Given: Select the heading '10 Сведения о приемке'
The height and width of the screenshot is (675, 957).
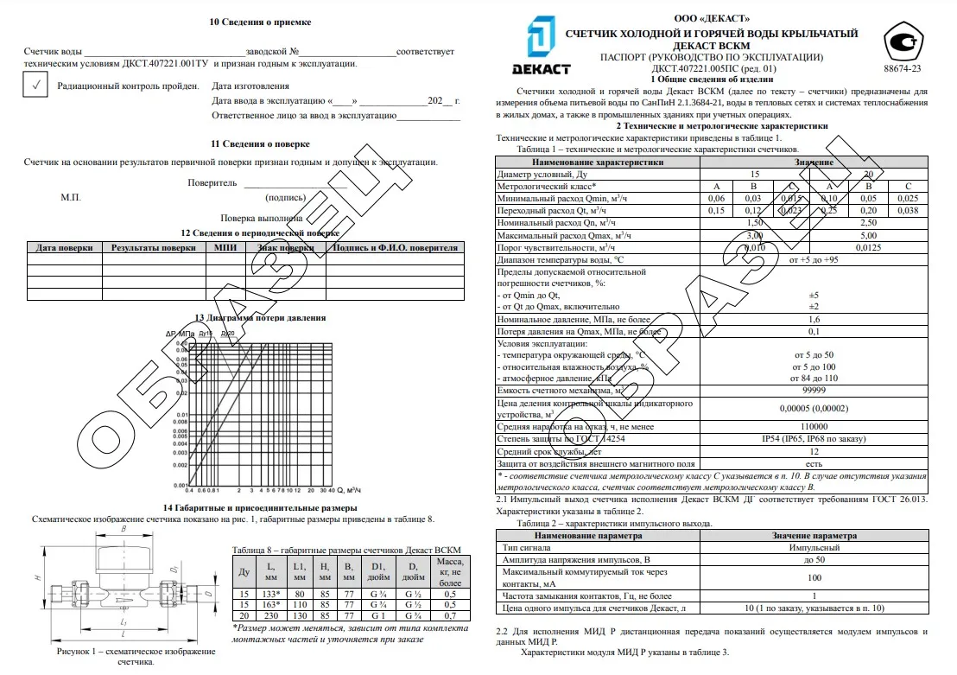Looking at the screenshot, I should point(260,22).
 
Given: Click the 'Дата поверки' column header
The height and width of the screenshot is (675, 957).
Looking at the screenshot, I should point(64,248).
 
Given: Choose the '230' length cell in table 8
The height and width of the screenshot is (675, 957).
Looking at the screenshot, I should point(271,615).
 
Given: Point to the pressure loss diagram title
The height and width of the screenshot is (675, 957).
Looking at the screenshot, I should point(260,318).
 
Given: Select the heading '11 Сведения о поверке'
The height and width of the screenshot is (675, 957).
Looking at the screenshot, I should point(260,143).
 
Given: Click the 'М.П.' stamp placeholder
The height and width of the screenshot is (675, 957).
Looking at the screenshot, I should point(71,197).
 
